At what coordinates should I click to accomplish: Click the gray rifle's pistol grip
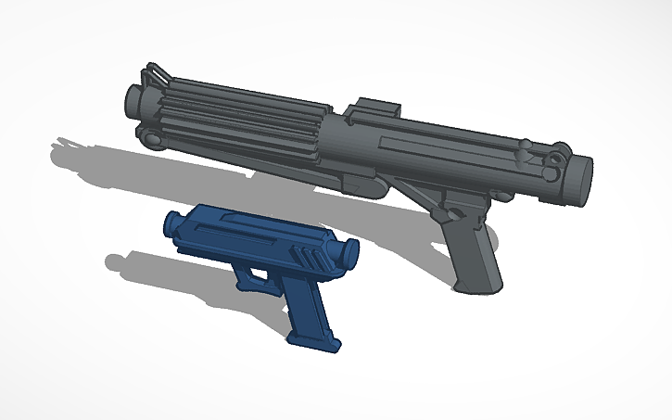pyautogui.click(x=473, y=250)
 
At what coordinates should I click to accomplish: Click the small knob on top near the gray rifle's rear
pyautogui.click(x=526, y=145)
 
